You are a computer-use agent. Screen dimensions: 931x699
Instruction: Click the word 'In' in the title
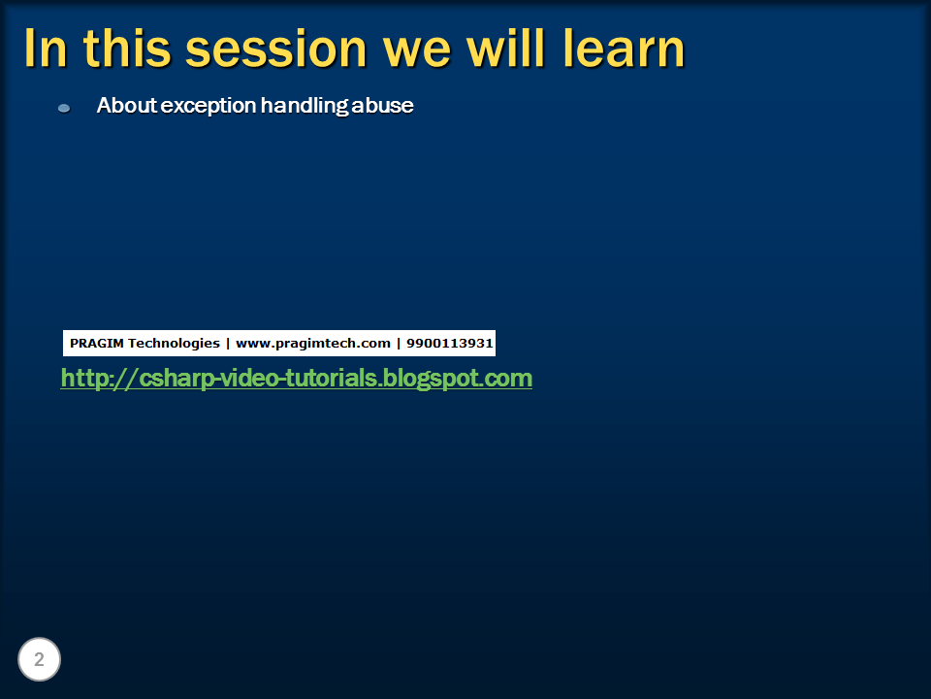(x=46, y=49)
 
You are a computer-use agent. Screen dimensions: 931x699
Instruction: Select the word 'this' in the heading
(x=127, y=49)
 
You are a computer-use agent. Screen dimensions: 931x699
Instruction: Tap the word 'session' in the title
(x=276, y=49)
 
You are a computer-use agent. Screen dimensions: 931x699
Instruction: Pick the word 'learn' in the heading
(x=624, y=49)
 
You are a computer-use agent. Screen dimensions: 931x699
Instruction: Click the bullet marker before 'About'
(x=64, y=108)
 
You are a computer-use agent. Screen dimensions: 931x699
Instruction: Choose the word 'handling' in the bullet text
(x=305, y=107)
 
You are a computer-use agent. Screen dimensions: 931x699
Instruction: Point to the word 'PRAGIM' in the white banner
(x=97, y=343)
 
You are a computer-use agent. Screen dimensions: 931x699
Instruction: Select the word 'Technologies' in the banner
(x=174, y=344)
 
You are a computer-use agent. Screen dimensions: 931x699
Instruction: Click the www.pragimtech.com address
(x=313, y=344)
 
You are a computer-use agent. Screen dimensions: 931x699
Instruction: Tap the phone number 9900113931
(x=449, y=343)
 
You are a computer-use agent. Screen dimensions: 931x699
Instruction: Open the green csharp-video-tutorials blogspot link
(x=297, y=379)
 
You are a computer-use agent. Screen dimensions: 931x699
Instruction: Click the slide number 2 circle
(x=39, y=659)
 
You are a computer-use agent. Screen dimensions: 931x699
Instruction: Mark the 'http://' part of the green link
(x=99, y=379)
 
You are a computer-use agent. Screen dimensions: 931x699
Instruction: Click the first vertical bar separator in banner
(x=228, y=344)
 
